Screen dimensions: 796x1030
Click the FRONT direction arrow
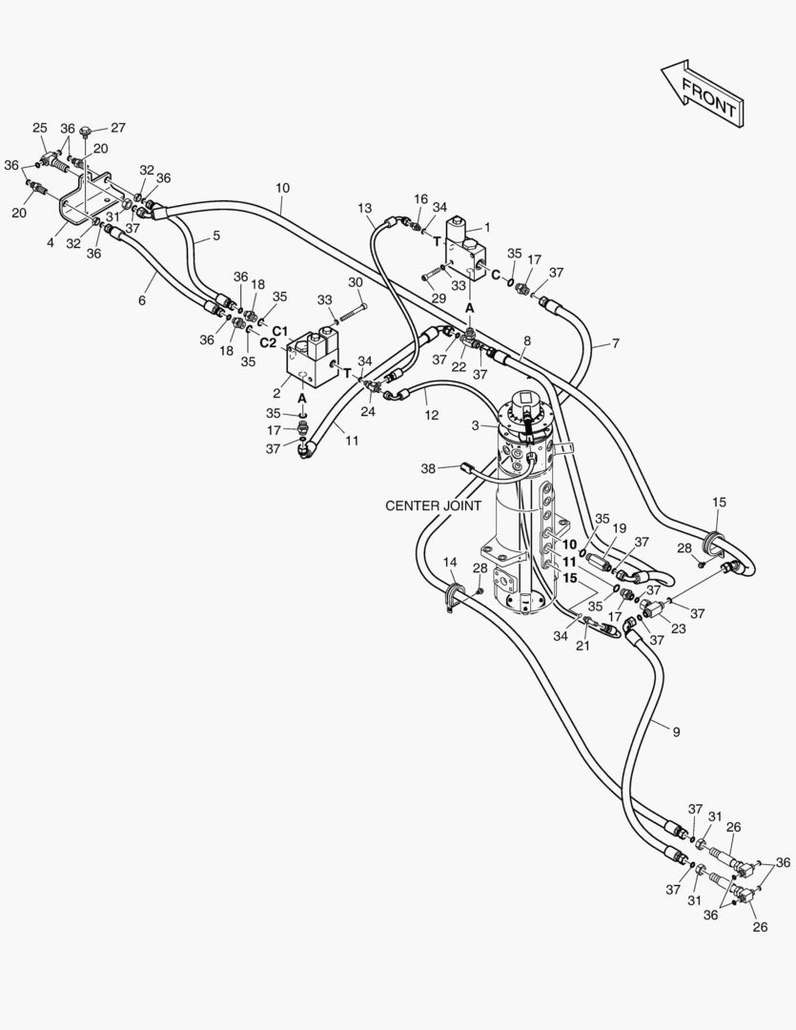703,93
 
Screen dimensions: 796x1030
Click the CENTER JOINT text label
433,505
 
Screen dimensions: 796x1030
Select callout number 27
117,128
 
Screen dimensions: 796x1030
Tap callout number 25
40,128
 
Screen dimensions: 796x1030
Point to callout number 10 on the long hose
282,188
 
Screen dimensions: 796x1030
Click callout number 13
365,208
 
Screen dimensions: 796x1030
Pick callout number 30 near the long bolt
356,281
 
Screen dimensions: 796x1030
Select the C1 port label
280,330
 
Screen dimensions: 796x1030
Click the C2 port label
268,342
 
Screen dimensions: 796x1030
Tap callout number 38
428,468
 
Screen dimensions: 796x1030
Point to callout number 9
677,731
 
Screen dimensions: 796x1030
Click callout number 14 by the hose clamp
450,563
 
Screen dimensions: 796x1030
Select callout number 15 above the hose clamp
719,502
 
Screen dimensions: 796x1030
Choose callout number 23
679,628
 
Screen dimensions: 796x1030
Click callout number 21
582,646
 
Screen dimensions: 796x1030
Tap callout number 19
620,527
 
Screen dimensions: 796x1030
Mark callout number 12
432,415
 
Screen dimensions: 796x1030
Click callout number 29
439,299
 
